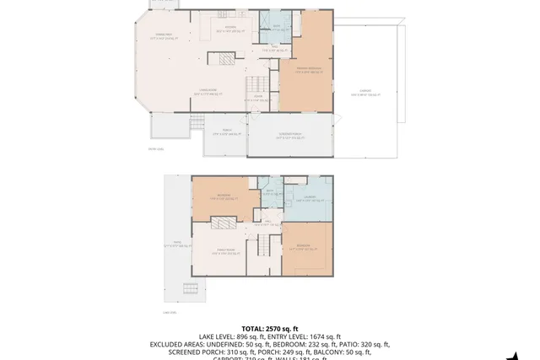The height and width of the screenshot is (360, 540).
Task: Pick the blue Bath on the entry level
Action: click(276, 26)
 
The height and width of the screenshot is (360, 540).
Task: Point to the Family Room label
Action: click(223, 252)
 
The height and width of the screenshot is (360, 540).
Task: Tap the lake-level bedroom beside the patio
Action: click(221, 199)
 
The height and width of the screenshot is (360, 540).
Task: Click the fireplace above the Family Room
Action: click(222, 223)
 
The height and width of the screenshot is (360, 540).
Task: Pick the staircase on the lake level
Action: click(263, 246)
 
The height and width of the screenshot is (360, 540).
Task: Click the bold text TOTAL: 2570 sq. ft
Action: click(270, 328)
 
